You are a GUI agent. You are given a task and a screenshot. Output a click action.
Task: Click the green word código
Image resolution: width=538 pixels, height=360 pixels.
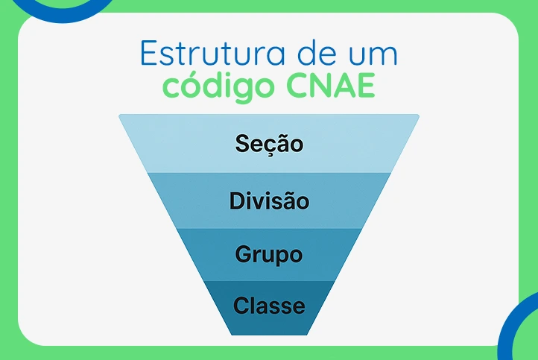tap(217, 86)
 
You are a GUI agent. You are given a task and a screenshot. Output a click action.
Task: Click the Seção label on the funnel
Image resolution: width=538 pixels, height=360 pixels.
tap(269, 142)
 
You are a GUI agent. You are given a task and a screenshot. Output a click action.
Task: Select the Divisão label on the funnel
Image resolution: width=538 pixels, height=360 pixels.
tap(269, 200)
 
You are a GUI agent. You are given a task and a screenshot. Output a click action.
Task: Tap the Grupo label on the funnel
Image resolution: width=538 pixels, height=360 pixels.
tap(269, 254)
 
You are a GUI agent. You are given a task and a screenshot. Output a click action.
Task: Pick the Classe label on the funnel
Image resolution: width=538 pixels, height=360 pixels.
tap(269, 305)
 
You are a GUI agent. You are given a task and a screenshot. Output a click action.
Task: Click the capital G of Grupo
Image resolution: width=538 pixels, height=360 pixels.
tap(244, 254)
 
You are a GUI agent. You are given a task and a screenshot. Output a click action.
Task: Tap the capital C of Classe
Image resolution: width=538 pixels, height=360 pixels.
tap(241, 305)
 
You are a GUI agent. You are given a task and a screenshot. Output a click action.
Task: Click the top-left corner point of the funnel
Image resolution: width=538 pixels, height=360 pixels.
tap(120, 115)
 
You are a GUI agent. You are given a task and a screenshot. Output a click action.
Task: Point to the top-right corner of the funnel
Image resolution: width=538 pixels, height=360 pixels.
tap(418, 115)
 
